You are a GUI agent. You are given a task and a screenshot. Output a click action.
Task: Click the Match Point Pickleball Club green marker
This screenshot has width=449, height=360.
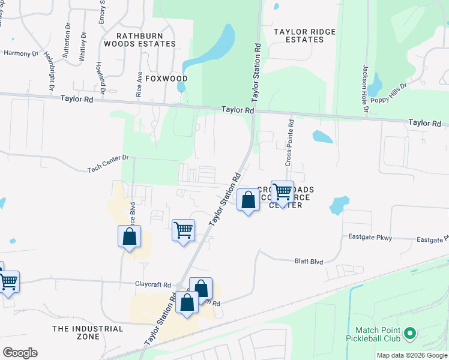click(411, 332)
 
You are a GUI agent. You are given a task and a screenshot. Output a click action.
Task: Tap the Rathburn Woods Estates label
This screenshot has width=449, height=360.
click(140, 38)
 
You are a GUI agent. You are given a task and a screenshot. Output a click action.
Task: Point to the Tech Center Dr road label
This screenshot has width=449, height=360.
click(108, 157)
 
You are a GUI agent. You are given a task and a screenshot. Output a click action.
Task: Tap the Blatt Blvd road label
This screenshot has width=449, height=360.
click(309, 262)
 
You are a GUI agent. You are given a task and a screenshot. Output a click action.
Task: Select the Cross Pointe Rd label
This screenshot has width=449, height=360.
click(289, 143)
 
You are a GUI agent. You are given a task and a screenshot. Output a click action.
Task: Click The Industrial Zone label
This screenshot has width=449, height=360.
click(88, 332)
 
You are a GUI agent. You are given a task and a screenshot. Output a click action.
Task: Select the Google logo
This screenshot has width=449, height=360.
click(20, 353)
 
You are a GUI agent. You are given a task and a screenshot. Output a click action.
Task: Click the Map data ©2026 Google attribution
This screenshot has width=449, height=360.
click(412, 355)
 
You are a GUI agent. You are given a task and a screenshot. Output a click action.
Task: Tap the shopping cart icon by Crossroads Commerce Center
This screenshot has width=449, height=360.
click(282, 191)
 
